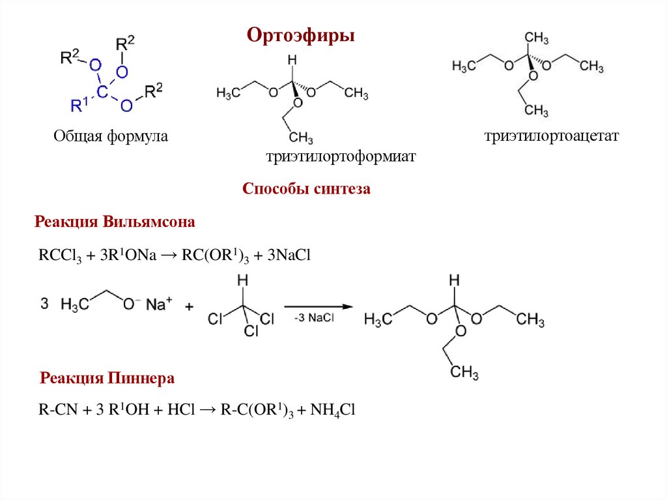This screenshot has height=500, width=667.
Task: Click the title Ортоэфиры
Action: (300, 35)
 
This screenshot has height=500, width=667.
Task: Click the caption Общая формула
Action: (111, 136)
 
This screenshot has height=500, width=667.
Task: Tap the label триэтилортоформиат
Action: (340, 157)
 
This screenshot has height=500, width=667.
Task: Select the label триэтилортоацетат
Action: (551, 136)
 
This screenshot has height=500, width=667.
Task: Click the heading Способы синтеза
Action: (306, 189)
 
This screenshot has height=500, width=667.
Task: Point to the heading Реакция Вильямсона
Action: (115, 222)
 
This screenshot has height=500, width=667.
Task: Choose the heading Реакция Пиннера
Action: (107, 378)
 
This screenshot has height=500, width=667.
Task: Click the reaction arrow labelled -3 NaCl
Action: (315, 306)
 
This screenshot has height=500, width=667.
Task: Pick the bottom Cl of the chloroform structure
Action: (251, 331)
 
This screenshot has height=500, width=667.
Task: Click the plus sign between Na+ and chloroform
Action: (190, 306)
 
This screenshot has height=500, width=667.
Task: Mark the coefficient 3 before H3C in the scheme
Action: (44, 304)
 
